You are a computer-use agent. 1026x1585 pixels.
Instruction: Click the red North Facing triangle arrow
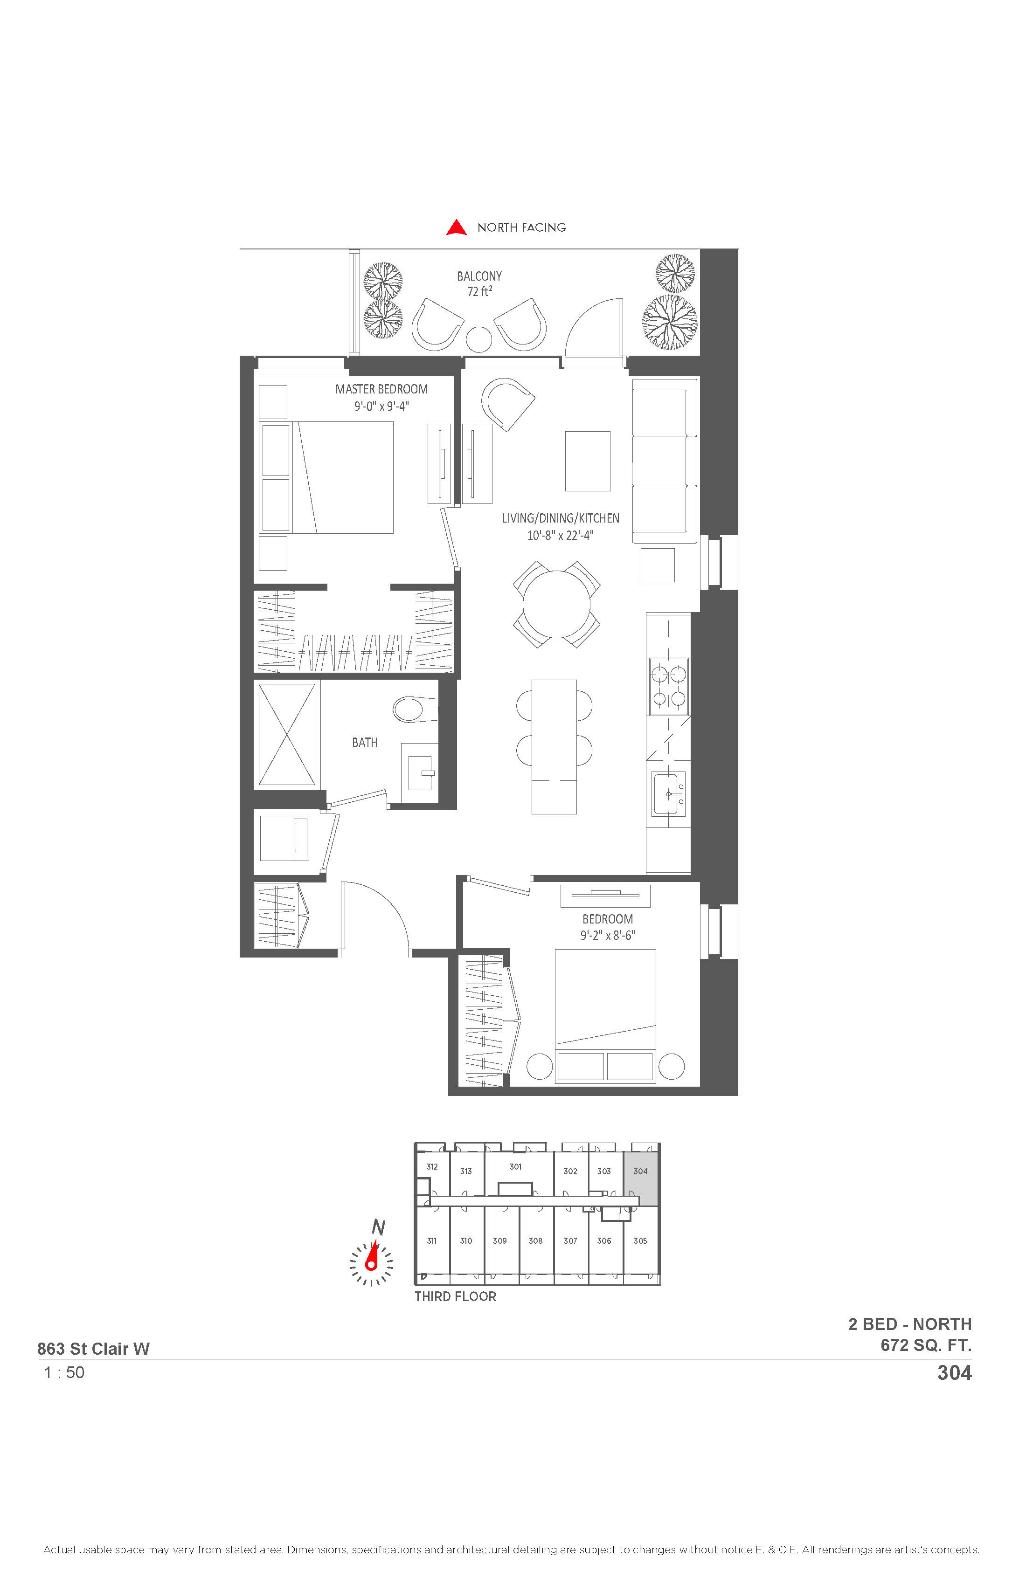[457, 228]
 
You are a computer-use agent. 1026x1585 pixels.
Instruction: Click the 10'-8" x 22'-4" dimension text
[560, 535]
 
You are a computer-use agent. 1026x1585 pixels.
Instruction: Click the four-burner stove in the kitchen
[669, 687]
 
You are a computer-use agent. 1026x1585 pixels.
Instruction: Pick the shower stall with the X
[286, 734]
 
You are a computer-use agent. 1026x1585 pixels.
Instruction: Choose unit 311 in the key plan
[432, 1240]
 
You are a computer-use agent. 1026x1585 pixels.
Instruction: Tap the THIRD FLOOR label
[455, 1296]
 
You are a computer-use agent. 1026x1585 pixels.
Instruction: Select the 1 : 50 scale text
[65, 1372]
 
